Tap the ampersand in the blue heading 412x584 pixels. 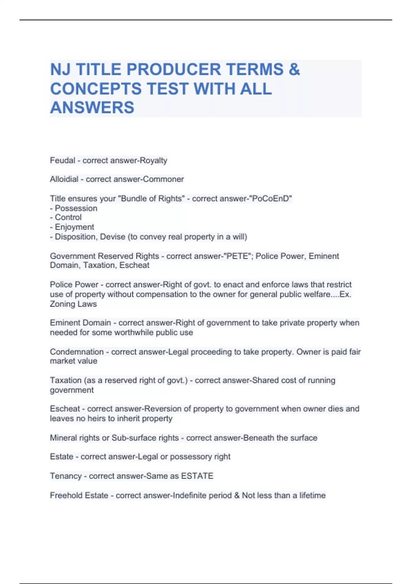294,69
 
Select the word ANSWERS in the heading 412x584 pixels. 92,108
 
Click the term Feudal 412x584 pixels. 62,160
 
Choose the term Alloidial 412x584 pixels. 64,179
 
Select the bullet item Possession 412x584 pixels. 76,208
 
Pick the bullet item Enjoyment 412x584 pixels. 74,227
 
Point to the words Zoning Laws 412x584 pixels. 73,304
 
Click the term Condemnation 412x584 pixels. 77,352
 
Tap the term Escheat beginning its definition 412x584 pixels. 65,409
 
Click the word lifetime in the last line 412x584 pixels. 312,495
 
